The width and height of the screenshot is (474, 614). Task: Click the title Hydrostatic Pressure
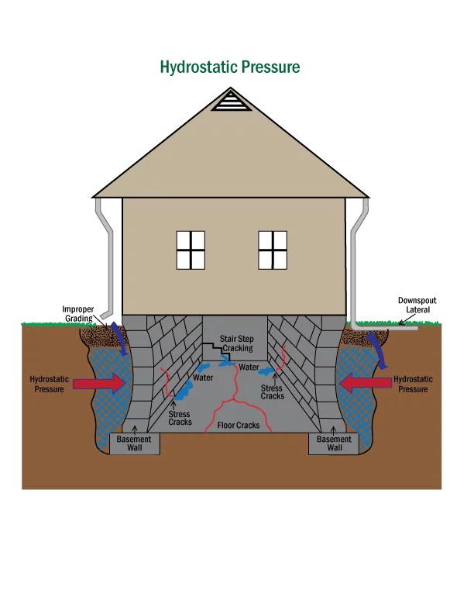(229, 67)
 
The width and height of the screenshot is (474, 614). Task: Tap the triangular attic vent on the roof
(230, 101)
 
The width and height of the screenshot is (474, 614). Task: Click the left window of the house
(191, 250)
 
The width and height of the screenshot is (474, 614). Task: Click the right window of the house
(273, 250)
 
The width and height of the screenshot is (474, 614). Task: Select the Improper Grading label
(78, 313)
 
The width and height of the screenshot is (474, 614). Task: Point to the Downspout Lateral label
(413, 305)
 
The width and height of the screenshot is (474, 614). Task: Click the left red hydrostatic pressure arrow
(100, 383)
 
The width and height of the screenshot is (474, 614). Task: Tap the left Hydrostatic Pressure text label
(50, 384)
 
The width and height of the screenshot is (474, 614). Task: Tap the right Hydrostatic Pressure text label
(413, 384)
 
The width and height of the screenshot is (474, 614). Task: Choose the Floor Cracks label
(238, 425)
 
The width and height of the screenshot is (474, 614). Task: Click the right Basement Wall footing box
(335, 443)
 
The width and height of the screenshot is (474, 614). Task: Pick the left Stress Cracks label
(180, 418)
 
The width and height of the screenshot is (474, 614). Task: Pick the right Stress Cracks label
(273, 392)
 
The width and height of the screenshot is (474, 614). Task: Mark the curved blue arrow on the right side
(379, 345)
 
